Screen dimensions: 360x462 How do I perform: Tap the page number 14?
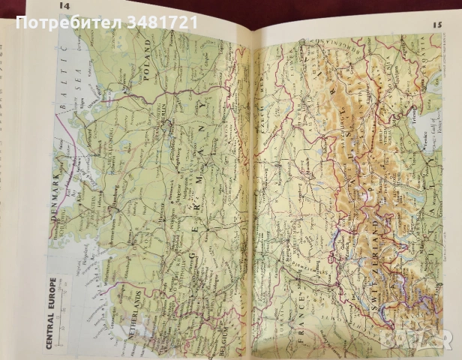[x=65, y=7]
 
